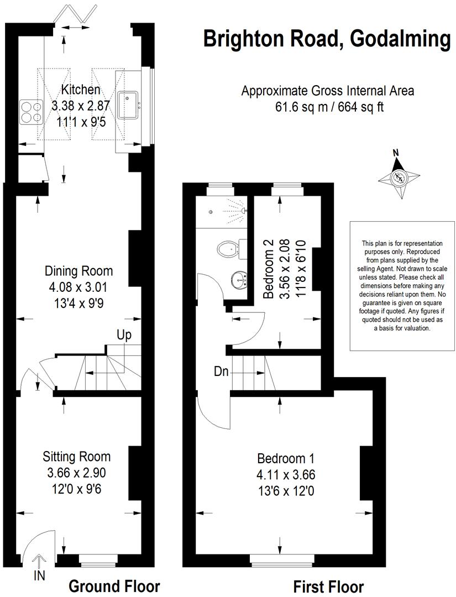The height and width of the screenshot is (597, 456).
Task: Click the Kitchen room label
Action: [x=81, y=90]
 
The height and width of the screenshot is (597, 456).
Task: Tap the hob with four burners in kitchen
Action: [x=32, y=111]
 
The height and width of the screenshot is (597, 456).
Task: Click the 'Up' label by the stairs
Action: [x=124, y=335]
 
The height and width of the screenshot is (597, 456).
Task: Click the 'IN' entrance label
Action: [x=39, y=577]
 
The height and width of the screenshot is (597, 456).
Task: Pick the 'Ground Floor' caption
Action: [x=114, y=586]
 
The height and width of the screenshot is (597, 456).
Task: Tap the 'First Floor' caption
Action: [x=328, y=586]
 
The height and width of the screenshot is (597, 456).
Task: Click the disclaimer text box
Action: [x=402, y=285]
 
